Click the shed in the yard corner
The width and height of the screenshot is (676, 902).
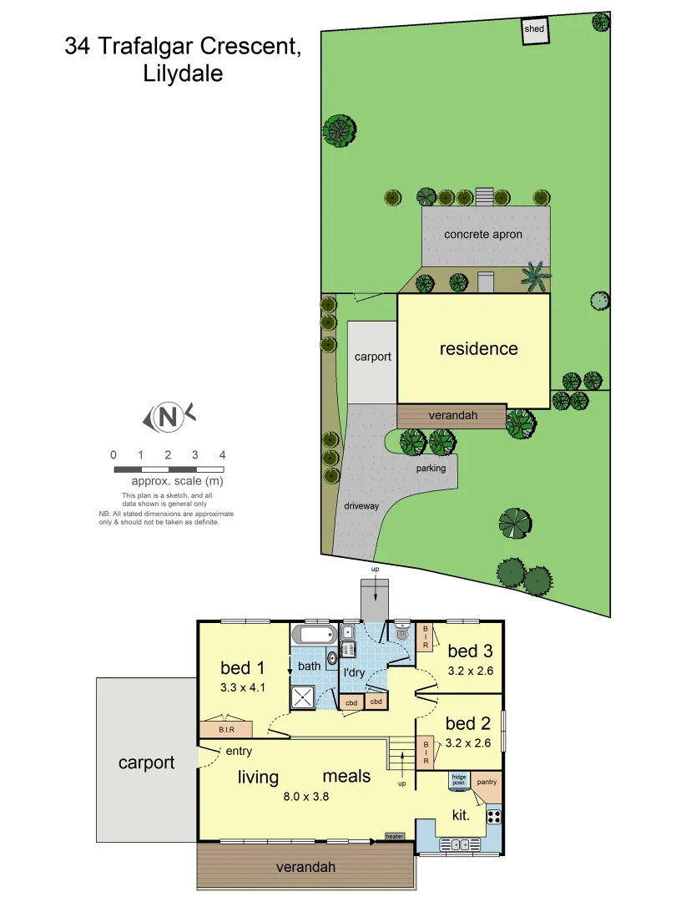[x=534, y=30]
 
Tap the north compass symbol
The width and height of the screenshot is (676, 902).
[x=169, y=416]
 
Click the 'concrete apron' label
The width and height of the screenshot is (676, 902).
[x=483, y=235]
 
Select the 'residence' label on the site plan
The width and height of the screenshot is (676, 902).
[x=478, y=349]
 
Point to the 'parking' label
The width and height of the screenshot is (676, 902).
[x=431, y=469]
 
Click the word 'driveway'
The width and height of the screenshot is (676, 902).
[x=361, y=506]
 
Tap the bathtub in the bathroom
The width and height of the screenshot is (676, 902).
[x=315, y=636]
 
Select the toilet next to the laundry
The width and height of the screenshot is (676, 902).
[x=402, y=633]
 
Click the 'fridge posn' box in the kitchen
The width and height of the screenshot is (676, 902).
[x=458, y=780]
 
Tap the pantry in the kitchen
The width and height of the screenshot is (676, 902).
[x=487, y=783]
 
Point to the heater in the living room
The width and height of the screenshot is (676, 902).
[x=395, y=836]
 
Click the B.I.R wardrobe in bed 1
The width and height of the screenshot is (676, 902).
[x=226, y=729]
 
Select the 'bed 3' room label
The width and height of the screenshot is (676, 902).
[x=468, y=651]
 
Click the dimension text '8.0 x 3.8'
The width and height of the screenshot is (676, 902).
[x=306, y=796]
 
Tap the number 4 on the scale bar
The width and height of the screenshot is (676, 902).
[x=222, y=455]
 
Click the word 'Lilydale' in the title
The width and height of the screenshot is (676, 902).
[x=182, y=73]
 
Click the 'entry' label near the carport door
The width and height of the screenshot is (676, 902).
[x=239, y=752]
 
